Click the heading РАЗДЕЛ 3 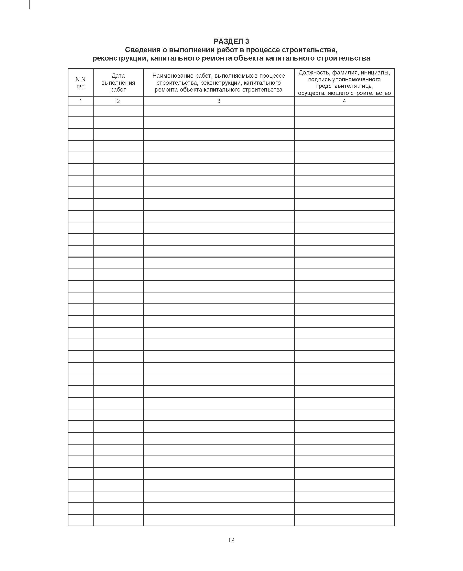231,41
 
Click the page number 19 231,540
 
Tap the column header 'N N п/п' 81,83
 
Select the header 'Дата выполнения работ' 118,83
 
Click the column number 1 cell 81,101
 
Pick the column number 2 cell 118,101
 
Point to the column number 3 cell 219,101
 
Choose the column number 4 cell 344,101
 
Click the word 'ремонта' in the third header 166,90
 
